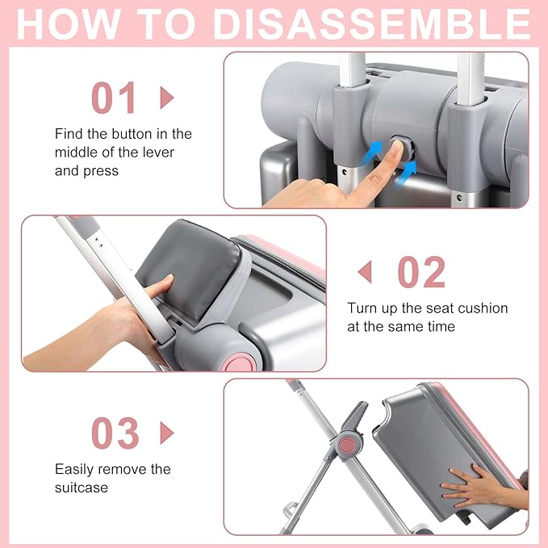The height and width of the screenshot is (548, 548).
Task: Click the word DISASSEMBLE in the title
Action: (372, 24)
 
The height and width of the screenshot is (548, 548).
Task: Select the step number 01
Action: (114, 98)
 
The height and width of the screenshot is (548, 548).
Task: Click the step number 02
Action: (421, 272)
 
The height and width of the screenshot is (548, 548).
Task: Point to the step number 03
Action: (115, 433)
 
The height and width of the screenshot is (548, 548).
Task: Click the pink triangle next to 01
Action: (167, 98)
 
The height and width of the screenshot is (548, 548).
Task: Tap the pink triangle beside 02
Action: (365, 272)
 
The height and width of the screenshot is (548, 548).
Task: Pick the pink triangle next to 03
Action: (167, 433)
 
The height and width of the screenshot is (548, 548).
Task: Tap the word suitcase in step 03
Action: (82, 487)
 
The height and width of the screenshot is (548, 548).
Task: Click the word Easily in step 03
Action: (74, 470)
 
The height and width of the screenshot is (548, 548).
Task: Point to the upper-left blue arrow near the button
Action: (371, 153)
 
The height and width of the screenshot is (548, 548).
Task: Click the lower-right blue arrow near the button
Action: (406, 172)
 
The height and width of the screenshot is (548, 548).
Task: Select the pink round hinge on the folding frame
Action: (348, 445)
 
